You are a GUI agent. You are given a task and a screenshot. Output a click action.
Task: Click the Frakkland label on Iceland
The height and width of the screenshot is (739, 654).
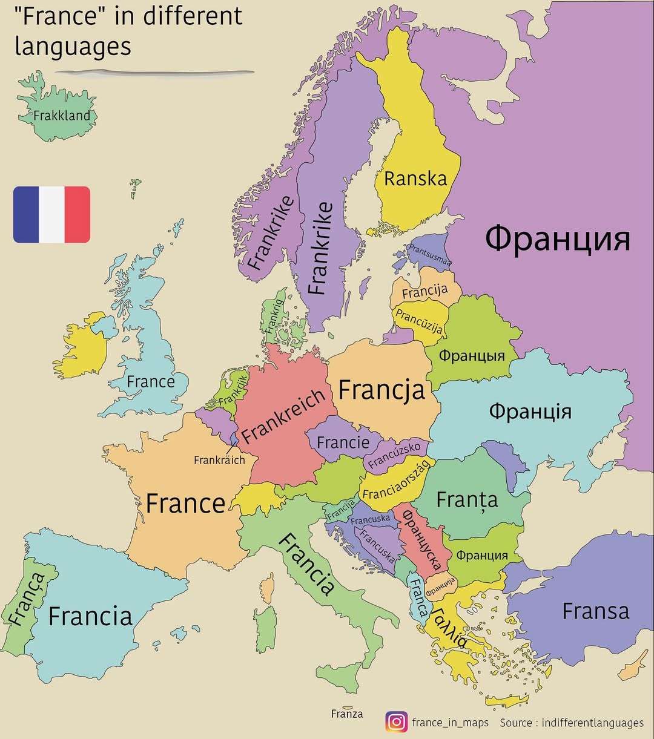point(62,115)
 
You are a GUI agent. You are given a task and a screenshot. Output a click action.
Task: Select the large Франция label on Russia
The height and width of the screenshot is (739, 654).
point(557,238)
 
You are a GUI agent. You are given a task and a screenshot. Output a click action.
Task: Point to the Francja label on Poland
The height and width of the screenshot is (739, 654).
point(381,390)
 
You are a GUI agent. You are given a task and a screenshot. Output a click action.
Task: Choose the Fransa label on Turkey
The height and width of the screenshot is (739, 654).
point(596,611)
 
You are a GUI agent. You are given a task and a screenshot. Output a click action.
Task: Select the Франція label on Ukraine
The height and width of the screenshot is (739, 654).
point(530,411)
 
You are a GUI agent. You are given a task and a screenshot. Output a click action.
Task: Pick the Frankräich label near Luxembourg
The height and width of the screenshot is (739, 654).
point(219,460)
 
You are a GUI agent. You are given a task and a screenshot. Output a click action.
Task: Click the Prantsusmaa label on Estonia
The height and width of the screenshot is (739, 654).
point(429,255)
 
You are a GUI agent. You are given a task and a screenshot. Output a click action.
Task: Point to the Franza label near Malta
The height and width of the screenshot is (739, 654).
point(347,714)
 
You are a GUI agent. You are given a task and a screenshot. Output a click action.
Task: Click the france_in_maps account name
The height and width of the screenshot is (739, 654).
point(450,723)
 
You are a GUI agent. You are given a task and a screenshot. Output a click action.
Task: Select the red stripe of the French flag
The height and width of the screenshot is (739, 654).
point(78,214)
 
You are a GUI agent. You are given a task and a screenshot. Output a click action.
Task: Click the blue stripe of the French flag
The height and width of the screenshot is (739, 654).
point(26,214)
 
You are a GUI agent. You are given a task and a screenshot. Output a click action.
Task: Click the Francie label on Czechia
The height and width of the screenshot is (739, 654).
point(343,442)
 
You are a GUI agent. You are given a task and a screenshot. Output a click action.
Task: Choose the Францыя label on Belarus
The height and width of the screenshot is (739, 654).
point(471,355)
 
